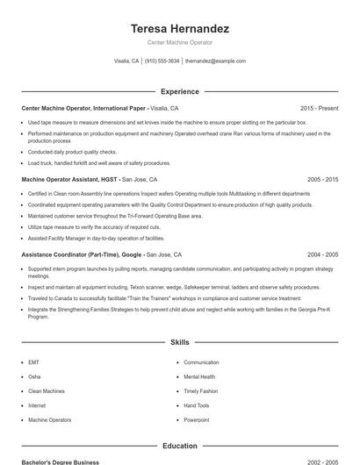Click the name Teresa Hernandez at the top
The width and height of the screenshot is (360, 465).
click(179, 28)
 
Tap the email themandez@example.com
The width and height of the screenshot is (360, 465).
click(215, 61)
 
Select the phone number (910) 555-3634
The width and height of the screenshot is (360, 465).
click(162, 61)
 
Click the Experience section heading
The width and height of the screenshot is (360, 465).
click(179, 91)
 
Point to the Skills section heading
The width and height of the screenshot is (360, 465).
click(179, 342)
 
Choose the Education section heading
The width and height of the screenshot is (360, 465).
click(179, 446)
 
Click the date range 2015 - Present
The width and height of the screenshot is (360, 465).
click(319, 108)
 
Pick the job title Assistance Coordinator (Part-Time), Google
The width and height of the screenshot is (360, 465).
click(83, 254)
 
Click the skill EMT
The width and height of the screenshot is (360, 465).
click(33, 362)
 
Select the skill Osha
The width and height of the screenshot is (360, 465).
click(34, 377)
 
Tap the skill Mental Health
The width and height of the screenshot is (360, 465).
click(200, 377)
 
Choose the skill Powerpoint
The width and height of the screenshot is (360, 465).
click(197, 420)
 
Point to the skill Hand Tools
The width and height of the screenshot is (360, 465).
click(197, 406)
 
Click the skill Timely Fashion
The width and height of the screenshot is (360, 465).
click(201, 391)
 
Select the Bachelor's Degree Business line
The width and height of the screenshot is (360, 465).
click(61, 461)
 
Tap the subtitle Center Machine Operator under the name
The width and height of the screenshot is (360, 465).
click(179, 42)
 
